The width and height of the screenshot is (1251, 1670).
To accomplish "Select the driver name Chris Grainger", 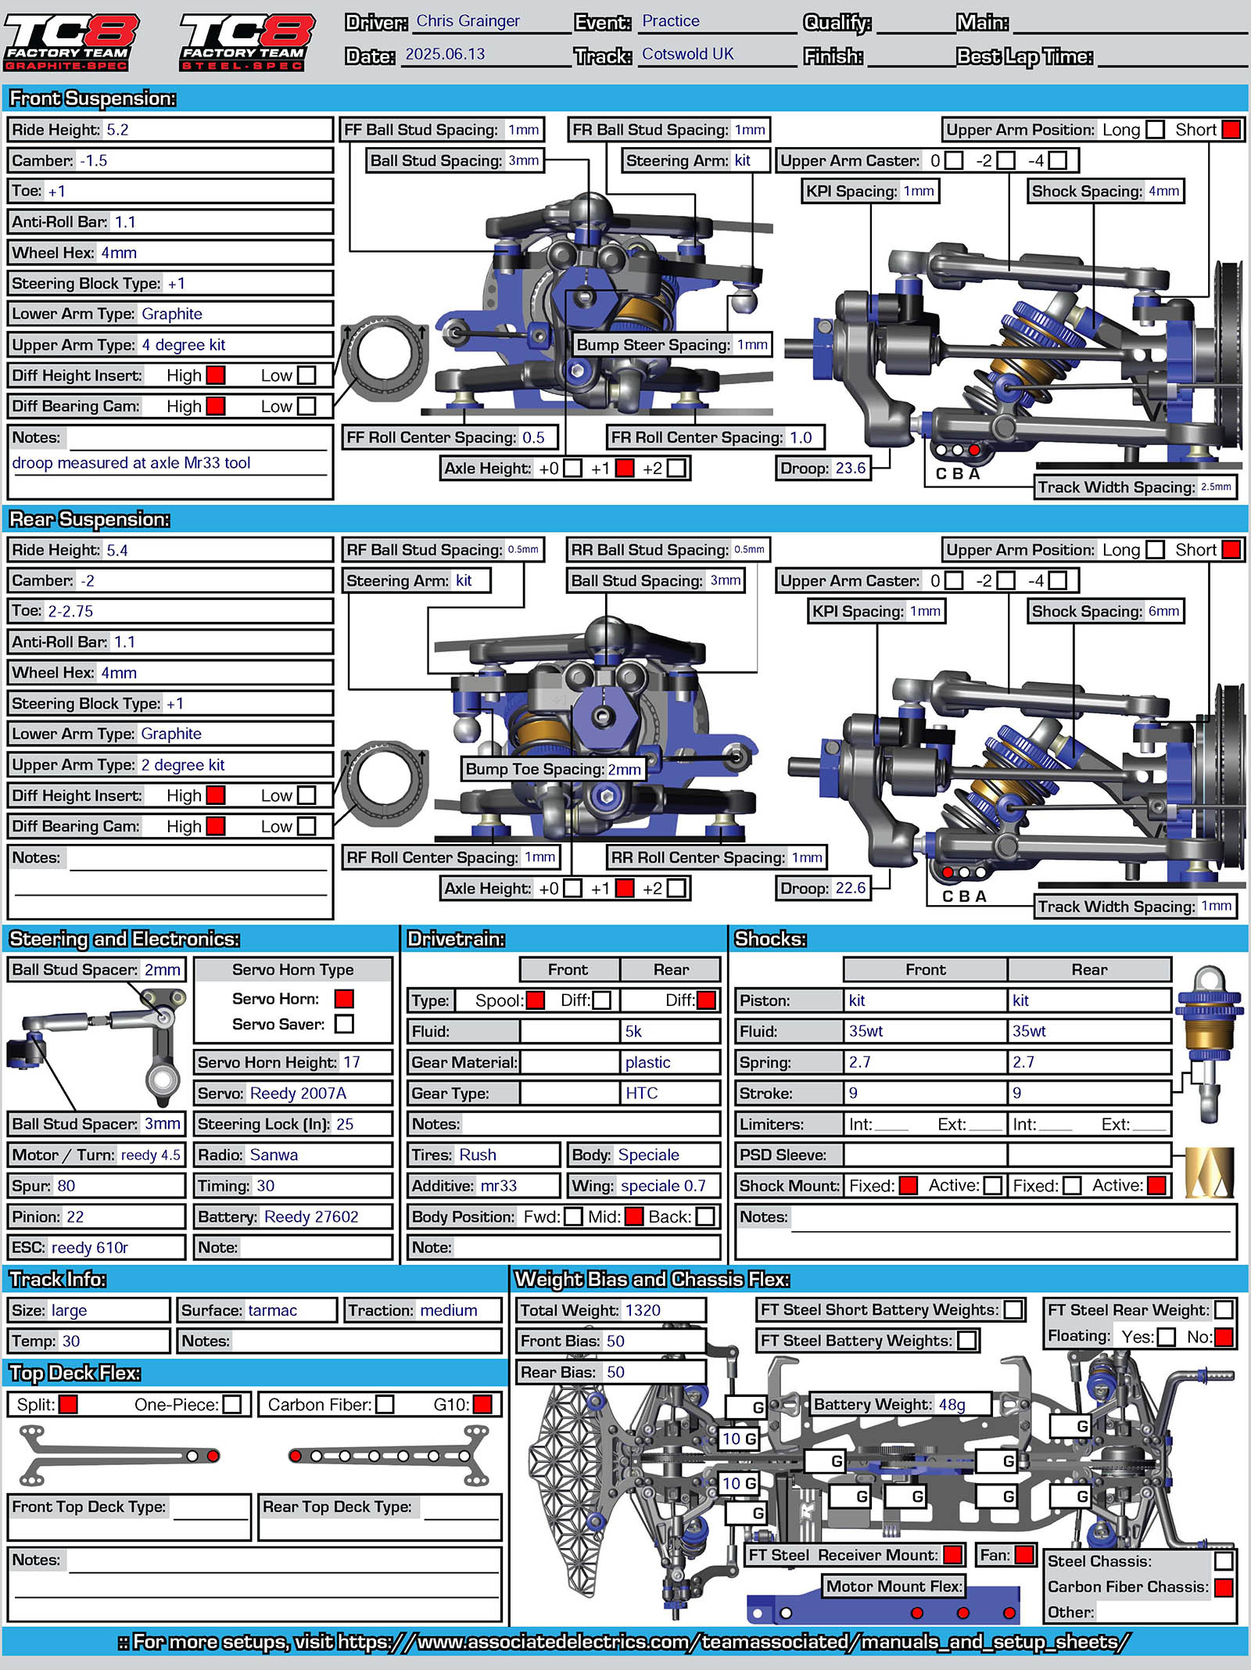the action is click(x=468, y=21).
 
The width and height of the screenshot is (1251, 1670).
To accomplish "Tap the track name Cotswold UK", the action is click(x=688, y=54).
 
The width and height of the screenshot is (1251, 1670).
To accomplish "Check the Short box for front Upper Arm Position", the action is click(x=1231, y=130).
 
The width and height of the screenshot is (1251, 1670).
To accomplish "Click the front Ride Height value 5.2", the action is click(x=117, y=130).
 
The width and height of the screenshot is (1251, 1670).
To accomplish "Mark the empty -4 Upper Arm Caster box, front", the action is click(x=1058, y=160).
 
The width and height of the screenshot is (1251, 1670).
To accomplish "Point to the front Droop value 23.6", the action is click(x=851, y=468).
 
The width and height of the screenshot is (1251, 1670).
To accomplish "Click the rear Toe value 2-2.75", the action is click(x=70, y=611).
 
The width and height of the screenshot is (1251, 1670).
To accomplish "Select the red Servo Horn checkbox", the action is click(x=344, y=999).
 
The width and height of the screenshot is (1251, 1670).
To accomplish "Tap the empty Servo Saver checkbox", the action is click(x=344, y=1024).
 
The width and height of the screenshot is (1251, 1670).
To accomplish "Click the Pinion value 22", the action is click(x=75, y=1216).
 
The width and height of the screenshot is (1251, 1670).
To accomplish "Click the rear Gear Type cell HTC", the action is click(x=642, y=1094).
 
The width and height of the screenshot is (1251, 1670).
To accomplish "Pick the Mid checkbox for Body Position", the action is click(x=634, y=1217).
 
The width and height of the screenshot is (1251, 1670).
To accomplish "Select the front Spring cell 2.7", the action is click(x=860, y=1062).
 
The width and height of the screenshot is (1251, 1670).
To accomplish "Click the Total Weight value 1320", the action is click(x=643, y=1310).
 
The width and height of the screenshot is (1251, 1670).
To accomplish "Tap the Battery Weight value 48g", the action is click(x=952, y=1405).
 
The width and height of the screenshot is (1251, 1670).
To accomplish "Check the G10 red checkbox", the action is click(x=482, y=1405).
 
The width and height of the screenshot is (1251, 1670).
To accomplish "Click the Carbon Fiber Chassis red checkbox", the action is click(x=1224, y=1587).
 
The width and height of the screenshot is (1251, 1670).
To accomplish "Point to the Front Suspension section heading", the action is click(x=92, y=99).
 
